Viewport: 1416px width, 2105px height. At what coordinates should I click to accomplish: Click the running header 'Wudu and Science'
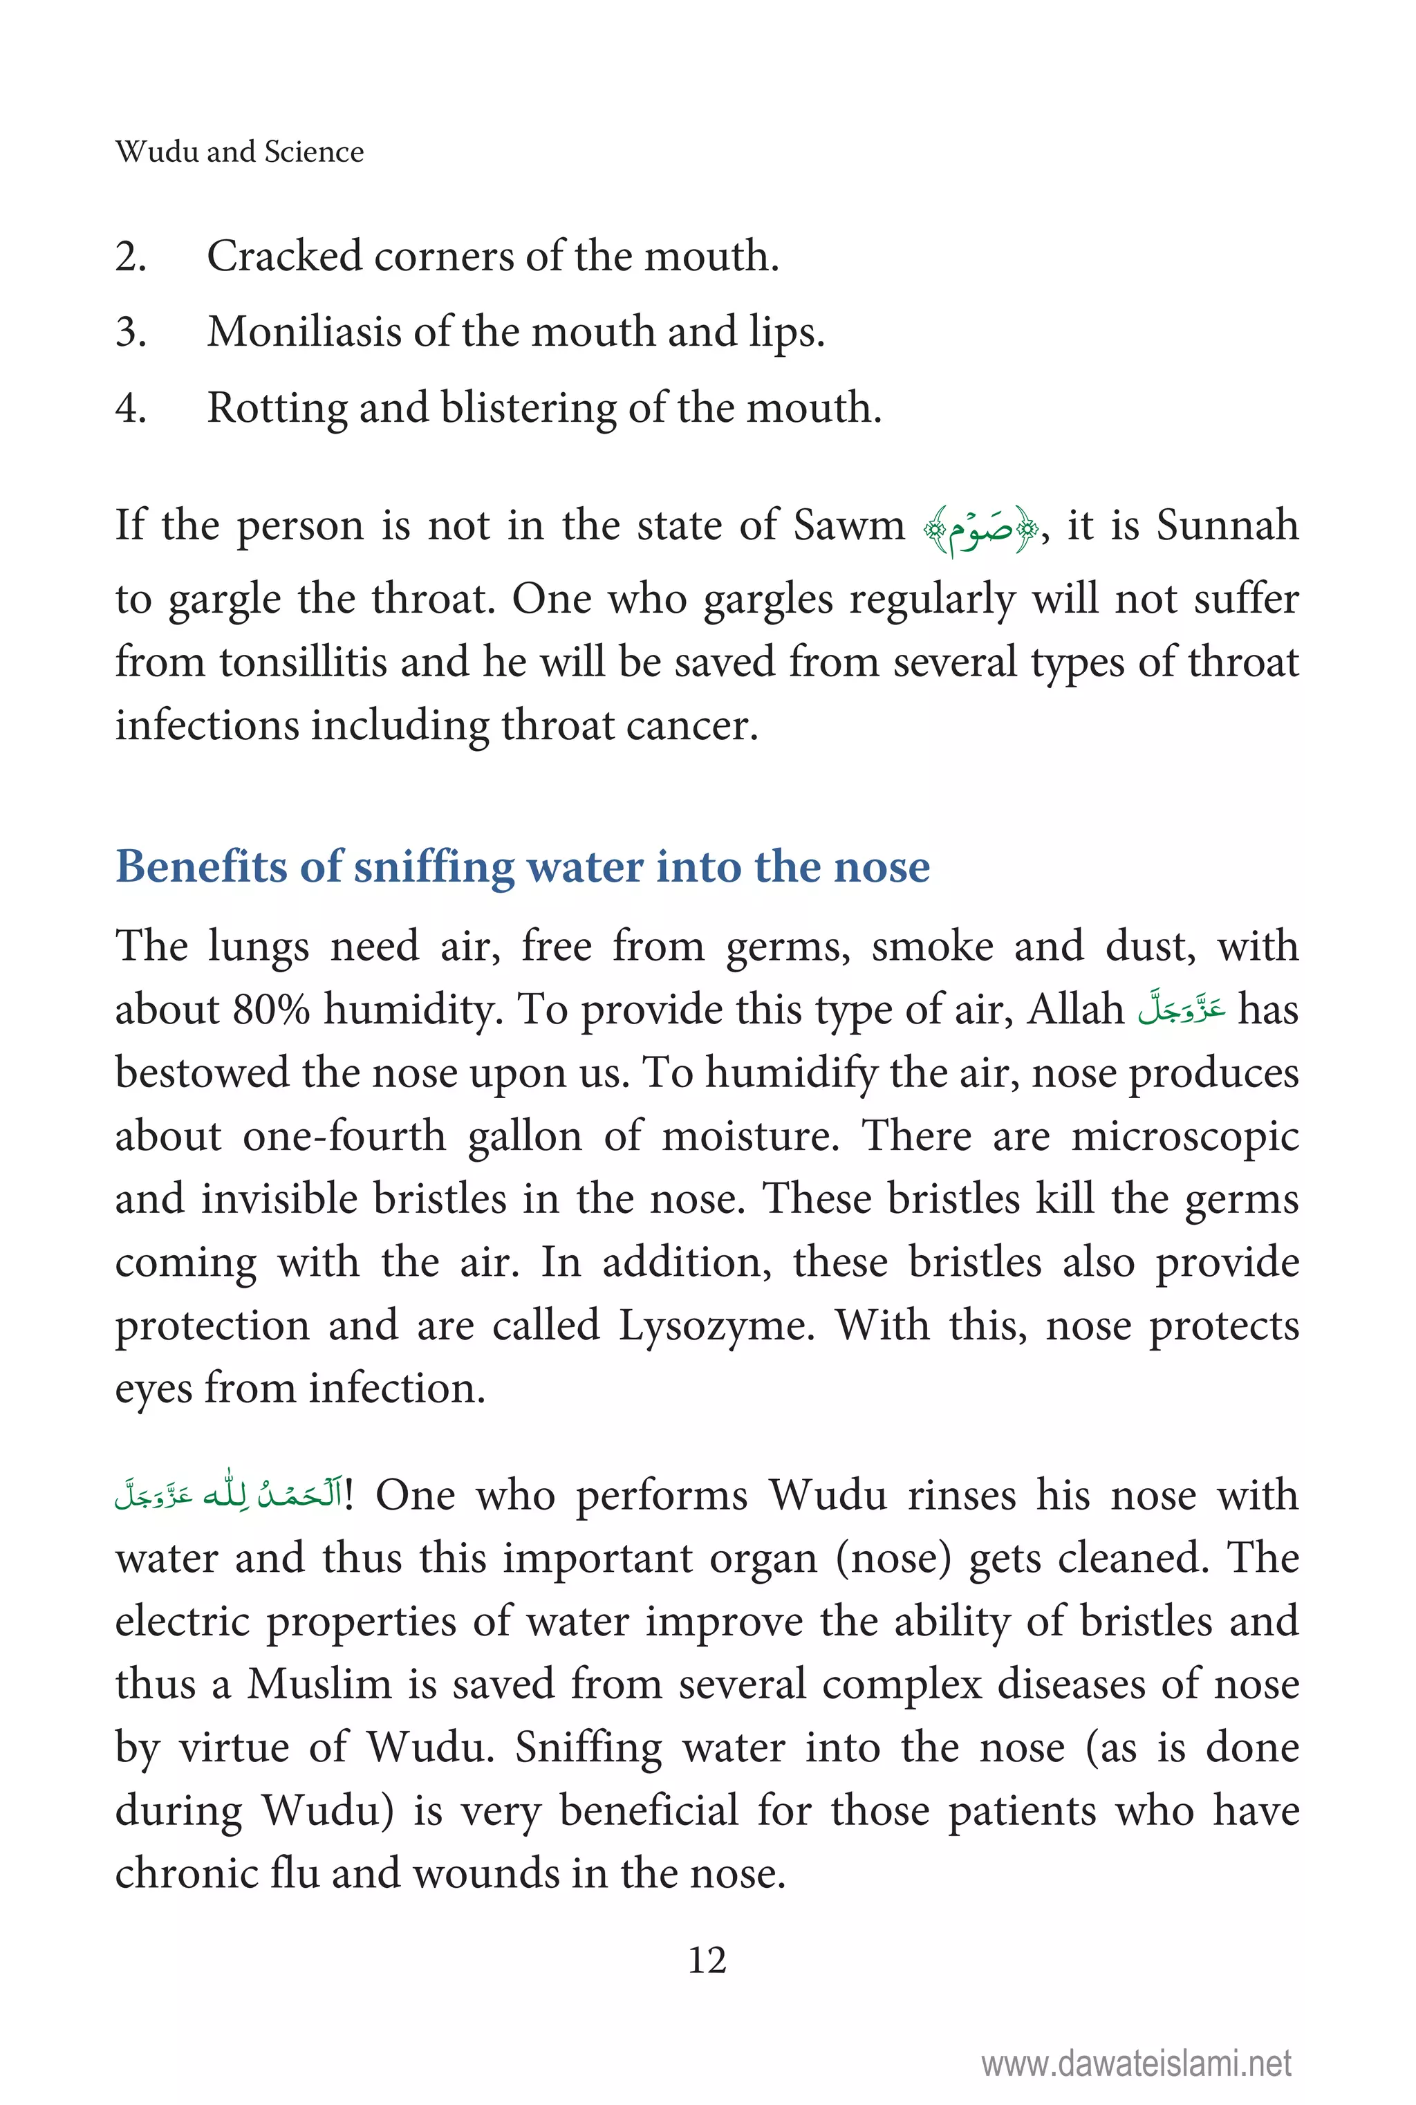click(239, 151)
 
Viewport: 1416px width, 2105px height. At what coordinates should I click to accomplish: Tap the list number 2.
click(130, 257)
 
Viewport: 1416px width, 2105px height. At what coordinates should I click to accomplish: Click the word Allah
click(1074, 1009)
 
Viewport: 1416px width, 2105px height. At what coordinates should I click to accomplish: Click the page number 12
click(707, 1960)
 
